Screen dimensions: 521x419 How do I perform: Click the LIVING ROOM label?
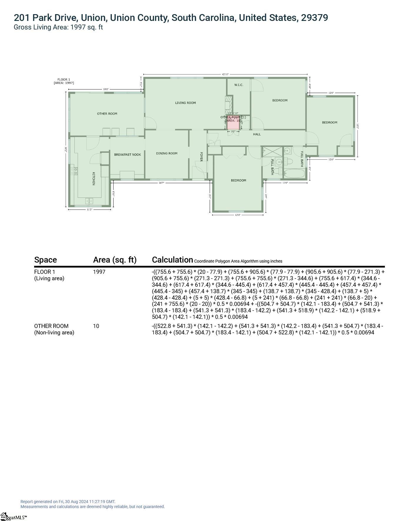[185, 103]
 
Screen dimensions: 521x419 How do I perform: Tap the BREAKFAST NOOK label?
[127, 155]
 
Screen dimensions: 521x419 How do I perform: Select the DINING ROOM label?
[167, 153]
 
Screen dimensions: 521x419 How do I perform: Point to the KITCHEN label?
[94, 179]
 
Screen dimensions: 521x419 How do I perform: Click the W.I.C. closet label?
[239, 85]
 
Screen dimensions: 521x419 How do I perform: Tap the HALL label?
[257, 135]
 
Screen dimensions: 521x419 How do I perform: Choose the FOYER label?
[202, 157]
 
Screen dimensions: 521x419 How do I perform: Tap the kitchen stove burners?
[74, 171]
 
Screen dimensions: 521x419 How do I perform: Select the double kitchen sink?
[89, 201]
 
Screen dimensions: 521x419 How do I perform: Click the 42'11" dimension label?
[225, 74]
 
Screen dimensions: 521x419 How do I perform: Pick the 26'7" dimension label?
[162, 183]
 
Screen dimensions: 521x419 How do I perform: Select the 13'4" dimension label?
[238, 215]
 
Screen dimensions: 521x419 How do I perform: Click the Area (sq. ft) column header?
[115, 260]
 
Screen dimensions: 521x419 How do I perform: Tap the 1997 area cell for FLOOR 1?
[99, 272]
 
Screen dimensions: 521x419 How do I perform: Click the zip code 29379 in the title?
[314, 18]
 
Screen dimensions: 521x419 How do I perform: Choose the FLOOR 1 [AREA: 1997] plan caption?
[64, 81]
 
